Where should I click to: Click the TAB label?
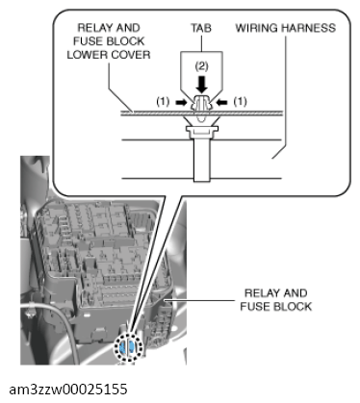(201, 28)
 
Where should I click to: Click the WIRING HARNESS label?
(286, 28)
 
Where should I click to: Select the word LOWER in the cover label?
(86, 55)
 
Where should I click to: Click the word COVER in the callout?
(129, 55)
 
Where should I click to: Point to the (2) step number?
(201, 66)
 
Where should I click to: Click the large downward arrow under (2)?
(201, 84)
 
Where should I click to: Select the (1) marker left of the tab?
(163, 102)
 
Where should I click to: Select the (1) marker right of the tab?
(240, 102)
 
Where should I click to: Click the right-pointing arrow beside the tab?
(181, 102)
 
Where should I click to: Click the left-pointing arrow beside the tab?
(222, 102)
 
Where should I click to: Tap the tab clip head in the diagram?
(201, 103)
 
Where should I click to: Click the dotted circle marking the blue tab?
(128, 347)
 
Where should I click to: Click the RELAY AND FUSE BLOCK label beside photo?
(276, 300)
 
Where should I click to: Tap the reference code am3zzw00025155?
(68, 390)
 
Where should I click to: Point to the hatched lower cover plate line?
(202, 113)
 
